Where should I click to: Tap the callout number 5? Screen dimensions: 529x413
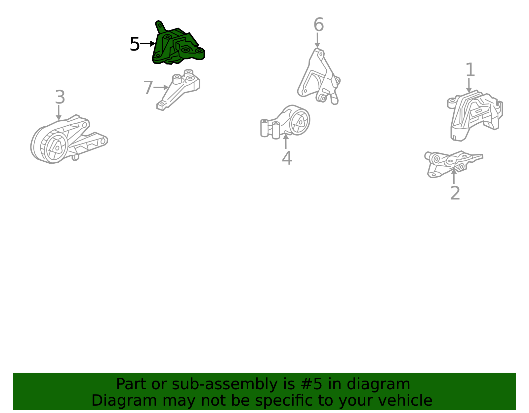pos(135,44)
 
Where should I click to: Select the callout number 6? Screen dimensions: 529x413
pos(319,24)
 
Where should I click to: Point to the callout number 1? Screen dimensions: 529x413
pos(470,70)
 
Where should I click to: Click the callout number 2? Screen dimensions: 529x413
pos(455,193)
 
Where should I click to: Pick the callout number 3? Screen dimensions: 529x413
pos(60,97)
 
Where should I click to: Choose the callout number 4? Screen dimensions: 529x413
pos(287,158)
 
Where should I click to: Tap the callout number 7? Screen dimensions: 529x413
pos(148,88)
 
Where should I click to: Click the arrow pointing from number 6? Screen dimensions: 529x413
pos(317,40)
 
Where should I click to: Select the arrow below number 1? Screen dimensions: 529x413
pos(469,85)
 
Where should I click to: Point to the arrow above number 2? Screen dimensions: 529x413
pos(454,176)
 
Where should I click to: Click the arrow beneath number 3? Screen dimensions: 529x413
pos(59,113)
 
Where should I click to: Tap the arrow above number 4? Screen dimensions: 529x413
pos(286,142)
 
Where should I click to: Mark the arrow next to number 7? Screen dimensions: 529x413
pos(161,87)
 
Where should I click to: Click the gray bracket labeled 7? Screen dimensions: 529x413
pos(179,90)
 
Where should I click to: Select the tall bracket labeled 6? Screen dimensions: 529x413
pos(319,77)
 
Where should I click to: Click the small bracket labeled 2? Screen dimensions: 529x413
pos(453,164)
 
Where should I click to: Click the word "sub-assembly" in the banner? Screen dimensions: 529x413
pos(224,384)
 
